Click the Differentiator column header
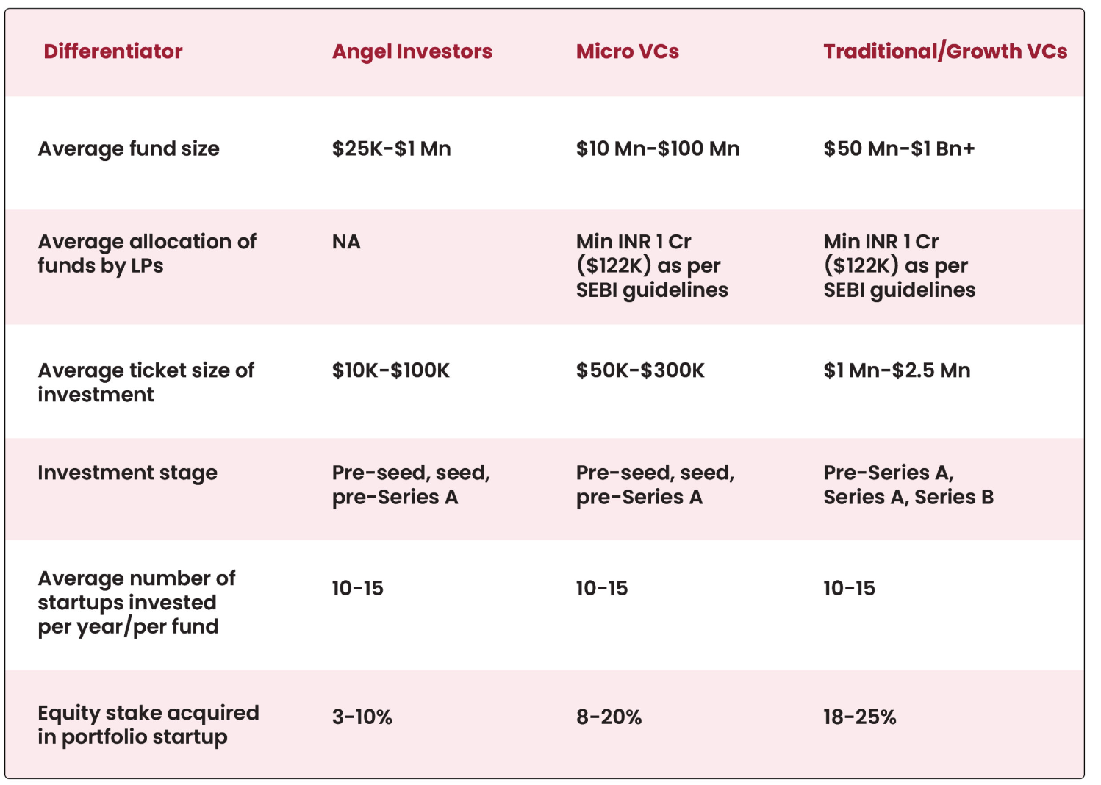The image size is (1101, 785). tap(113, 51)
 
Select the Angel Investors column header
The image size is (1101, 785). tap(412, 51)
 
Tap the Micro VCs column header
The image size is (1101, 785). tap(628, 51)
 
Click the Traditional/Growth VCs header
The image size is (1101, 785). tap(945, 51)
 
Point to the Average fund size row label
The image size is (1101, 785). tap(129, 148)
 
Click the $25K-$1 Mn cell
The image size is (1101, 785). tap(391, 148)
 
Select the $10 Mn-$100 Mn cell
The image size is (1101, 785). tap(658, 148)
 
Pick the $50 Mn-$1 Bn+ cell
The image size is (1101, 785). tap(899, 148)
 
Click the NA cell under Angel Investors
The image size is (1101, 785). tap(346, 242)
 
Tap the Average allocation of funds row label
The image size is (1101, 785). tap(147, 254)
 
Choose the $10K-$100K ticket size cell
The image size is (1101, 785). tap(390, 370)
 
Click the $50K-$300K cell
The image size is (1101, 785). tap(640, 370)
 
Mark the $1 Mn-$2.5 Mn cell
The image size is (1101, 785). tap(897, 370)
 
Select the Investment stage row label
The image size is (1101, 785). tap(127, 473)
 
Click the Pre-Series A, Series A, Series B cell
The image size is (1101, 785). tap(908, 485)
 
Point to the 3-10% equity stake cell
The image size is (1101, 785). tap(362, 717)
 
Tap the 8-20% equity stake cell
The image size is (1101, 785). tap(609, 717)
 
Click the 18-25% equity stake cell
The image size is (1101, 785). tap(860, 717)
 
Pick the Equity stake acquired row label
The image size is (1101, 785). tap(148, 725)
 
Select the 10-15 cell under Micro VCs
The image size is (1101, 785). tap(602, 588)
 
